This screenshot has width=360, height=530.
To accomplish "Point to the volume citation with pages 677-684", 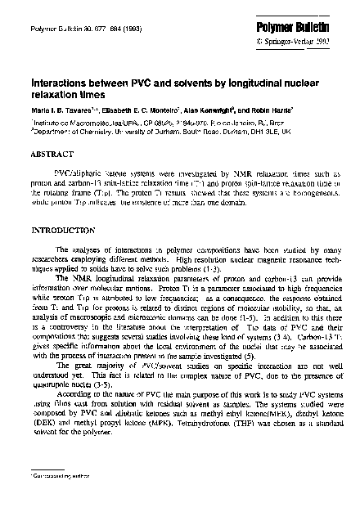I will pos(66,28).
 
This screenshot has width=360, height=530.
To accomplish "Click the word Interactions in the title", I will pos(60,83).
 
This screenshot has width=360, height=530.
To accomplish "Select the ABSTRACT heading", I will pos(52,153).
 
